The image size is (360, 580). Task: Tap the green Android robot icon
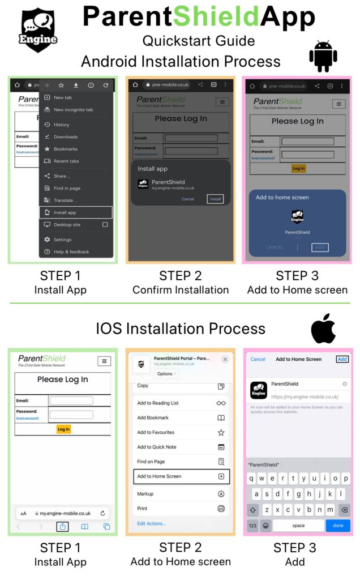323,56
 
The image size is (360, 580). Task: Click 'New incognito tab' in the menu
73,109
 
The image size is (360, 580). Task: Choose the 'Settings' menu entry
62,240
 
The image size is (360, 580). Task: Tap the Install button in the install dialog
215,199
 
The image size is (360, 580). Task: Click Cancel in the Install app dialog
188,199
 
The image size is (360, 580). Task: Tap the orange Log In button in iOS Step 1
63,429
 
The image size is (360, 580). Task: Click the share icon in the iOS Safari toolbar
63,527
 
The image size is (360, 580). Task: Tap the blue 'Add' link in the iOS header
342,359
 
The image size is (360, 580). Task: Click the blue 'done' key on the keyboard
338,526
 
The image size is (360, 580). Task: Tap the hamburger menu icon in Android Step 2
222,102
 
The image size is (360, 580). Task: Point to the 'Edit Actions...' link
152,523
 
